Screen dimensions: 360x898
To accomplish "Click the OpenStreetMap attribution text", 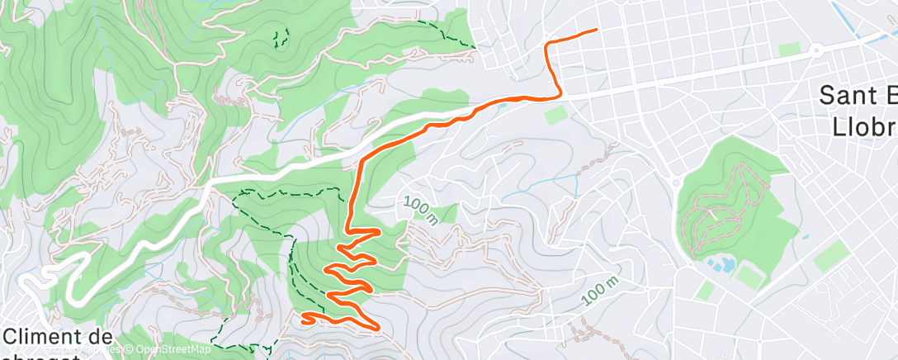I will [x=168, y=350].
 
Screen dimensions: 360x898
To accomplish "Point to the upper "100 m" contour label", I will [x=421, y=210].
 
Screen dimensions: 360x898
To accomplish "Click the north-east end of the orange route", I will [x=595, y=31].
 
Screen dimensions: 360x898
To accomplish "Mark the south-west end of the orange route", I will [x=305, y=316].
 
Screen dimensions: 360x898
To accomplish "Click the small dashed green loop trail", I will [x=281, y=37].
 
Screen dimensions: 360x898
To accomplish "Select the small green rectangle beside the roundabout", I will [x=789, y=50].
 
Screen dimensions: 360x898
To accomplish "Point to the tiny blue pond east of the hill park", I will [x=806, y=238].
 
